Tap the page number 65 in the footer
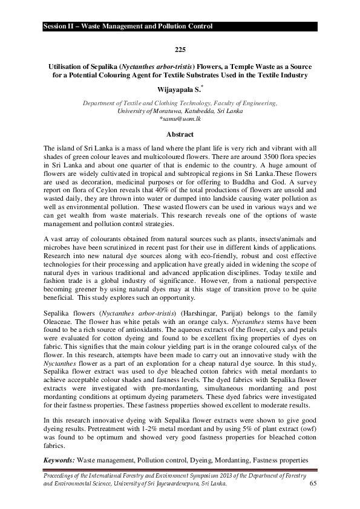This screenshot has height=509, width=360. tap(313, 484)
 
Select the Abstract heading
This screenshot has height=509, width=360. tap(180, 134)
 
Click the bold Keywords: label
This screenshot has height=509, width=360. tap(59, 460)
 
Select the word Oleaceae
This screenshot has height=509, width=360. tap(58, 323)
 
